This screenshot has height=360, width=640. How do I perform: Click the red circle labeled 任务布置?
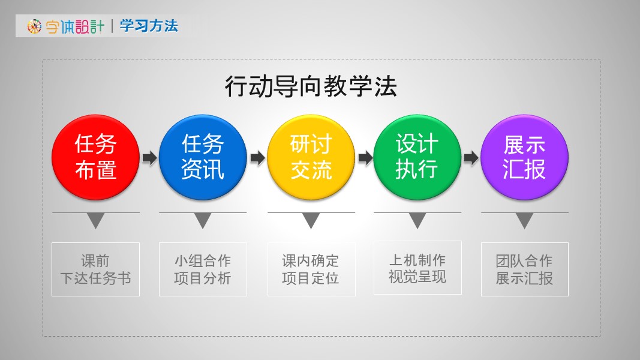click(95, 157)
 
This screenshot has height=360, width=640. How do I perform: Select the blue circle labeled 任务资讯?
click(203, 157)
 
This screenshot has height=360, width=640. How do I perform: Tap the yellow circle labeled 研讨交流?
click(311, 157)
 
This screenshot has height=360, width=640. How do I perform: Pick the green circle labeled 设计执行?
click(417, 157)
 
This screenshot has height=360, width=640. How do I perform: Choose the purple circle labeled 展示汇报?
click(524, 157)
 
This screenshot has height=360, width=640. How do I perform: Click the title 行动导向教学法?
click(311, 86)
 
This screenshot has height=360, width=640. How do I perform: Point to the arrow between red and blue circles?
click(149, 158)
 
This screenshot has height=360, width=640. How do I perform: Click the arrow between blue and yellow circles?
click(257, 158)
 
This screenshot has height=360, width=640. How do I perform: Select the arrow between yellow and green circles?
click(365, 158)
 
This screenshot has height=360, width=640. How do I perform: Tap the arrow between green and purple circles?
click(471, 158)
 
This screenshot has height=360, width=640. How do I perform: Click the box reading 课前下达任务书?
click(95, 269)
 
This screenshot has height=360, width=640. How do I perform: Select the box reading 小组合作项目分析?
click(203, 269)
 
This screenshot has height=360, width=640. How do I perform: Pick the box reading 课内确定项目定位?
click(311, 269)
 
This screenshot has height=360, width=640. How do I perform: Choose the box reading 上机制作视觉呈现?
click(417, 268)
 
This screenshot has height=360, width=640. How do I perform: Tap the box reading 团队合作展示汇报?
click(524, 269)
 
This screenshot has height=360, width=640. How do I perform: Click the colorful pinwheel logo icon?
click(34, 26)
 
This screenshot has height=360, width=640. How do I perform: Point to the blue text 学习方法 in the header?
click(149, 26)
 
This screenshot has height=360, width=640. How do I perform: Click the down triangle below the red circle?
click(95, 220)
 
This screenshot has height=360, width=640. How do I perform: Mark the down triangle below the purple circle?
click(524, 220)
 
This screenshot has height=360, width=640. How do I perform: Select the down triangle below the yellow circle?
click(311, 220)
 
